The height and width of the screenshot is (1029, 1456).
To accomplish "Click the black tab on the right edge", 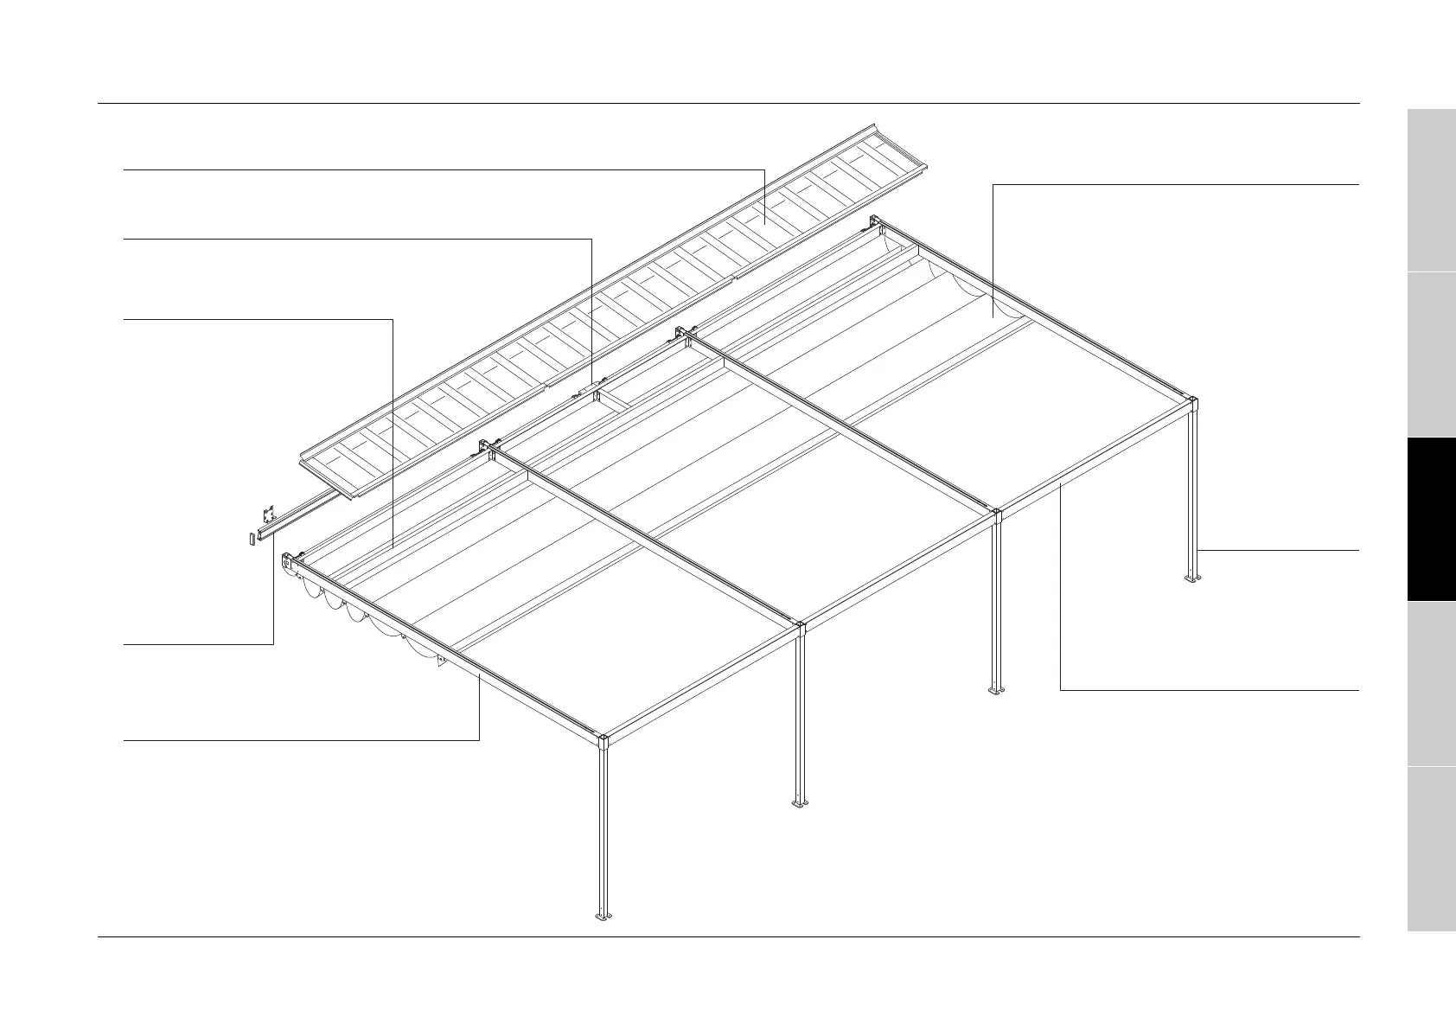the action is click(x=1431, y=519).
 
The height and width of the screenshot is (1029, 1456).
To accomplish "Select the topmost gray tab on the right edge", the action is click(x=1431, y=189).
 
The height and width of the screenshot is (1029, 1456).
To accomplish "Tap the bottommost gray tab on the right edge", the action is click(x=1431, y=848).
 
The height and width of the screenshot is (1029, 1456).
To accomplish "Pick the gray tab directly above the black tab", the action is click(x=1431, y=355).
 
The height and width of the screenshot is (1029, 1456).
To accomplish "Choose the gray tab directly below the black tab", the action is click(x=1431, y=683).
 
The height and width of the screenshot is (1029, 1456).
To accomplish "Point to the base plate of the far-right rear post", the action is click(x=1192, y=579).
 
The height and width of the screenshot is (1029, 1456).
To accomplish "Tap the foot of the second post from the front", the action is click(x=800, y=803).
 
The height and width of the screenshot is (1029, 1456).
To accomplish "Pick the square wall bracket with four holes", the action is click(x=269, y=515).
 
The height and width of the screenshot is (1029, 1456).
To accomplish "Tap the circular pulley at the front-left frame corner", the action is click(x=287, y=562).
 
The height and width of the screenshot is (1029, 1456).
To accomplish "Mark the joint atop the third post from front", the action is click(x=996, y=514).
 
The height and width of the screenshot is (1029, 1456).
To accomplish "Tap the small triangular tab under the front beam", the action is click(x=441, y=661).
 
